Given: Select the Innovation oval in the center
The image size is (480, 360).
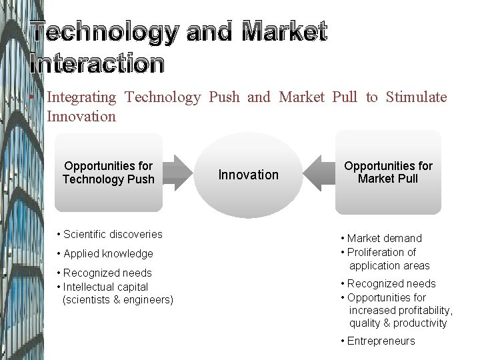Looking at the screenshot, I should coord(249,175).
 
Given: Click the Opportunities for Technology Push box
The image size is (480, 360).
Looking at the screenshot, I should coord(108,172).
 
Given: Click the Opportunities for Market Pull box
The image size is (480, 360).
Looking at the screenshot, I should coord(388,172).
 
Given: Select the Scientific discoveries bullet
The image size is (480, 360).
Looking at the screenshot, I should coord(109,234).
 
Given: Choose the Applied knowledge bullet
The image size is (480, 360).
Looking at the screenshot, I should coord(105,253).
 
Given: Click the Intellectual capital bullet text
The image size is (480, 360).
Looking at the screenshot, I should coord(105,287).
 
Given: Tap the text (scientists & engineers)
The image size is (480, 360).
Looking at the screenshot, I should coord(117,300).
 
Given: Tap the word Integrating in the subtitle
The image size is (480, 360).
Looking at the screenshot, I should coord(81,97).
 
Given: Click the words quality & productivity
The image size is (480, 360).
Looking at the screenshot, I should coord(398,323).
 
